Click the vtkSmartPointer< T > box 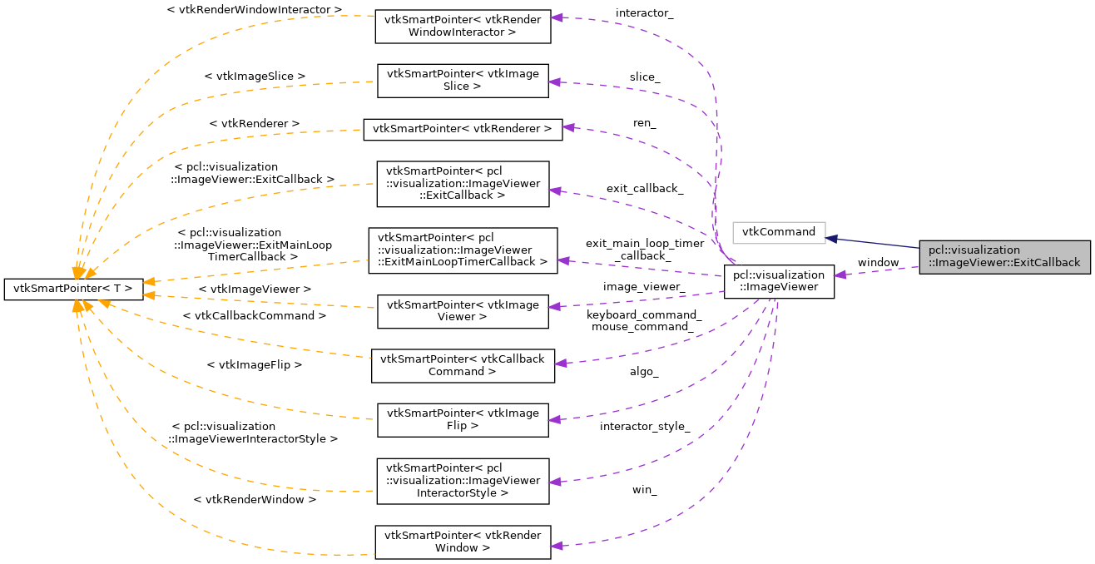pos(73,289)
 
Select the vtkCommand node pos(778,232)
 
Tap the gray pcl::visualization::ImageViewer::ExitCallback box pos(1004,256)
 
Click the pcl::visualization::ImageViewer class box pos(779,281)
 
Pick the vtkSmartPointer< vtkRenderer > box pos(462,129)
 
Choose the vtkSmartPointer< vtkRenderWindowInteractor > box pos(463,27)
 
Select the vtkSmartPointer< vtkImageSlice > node pos(463,81)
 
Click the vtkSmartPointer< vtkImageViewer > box pos(463,311)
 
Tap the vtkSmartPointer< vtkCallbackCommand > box pos(463,365)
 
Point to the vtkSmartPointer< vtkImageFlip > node pos(463,419)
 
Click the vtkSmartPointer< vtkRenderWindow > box pos(463,542)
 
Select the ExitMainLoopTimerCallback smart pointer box pos(463,250)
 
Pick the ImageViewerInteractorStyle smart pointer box pos(463,481)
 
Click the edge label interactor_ pos(645,13)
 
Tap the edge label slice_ pos(645,77)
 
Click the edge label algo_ pos(644,372)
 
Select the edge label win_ pos(644,490)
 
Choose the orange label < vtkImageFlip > pos(254,364)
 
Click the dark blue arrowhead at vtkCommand pos(830,238)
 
